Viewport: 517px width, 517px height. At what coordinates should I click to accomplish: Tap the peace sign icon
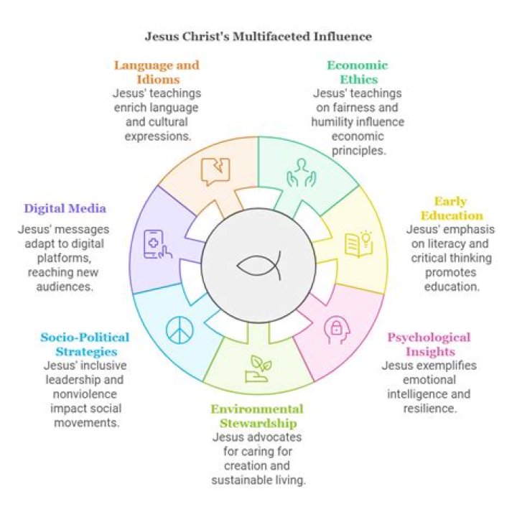pos(179,330)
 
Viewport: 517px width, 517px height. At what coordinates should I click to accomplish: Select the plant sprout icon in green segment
pos(260,368)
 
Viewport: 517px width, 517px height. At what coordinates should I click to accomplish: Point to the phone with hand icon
pos(157,243)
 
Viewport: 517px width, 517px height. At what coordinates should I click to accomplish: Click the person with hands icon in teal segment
pos(300,172)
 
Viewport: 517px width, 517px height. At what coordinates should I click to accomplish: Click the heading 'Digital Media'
pos(65,209)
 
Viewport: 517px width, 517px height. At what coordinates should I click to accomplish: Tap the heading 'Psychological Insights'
pos(429,345)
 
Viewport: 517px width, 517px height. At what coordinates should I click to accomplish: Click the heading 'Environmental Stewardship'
pos(257,416)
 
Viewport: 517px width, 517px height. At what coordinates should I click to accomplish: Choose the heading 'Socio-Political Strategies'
pos(85,344)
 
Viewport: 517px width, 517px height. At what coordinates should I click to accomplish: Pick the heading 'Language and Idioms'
pos(157,72)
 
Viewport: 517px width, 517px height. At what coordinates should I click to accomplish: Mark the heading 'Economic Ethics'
pos(358,72)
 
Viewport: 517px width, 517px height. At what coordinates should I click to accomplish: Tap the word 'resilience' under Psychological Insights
pos(429,408)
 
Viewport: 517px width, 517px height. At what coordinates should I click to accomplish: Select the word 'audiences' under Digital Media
pos(65,286)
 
